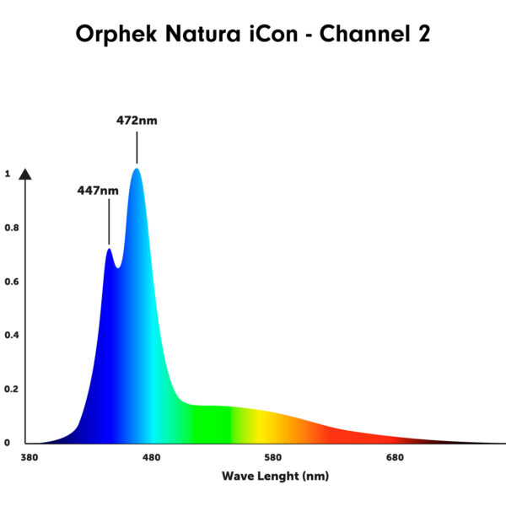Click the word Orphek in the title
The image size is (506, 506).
click(116, 35)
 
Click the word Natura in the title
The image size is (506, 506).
click(203, 34)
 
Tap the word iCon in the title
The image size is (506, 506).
click(273, 34)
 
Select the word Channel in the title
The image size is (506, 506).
click(365, 34)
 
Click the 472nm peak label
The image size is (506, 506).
click(137, 121)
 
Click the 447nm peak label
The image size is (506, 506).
click(98, 191)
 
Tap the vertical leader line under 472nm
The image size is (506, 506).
click(137, 148)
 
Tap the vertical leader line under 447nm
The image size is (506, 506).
click(109, 222)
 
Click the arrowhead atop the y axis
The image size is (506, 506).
click(25, 175)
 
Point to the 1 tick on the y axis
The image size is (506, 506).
click(8, 174)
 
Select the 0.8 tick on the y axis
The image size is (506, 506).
click(12, 228)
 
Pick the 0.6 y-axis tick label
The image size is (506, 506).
click(12, 282)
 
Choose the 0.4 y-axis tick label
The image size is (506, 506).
click(12, 336)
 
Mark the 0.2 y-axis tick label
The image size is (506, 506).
click(12, 389)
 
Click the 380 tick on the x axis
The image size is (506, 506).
click(29, 458)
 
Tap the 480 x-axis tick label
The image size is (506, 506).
click(151, 458)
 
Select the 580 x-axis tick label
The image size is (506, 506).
click(273, 458)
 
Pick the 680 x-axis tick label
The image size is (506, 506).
click(395, 458)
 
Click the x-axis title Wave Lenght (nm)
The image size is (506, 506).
click(275, 476)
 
